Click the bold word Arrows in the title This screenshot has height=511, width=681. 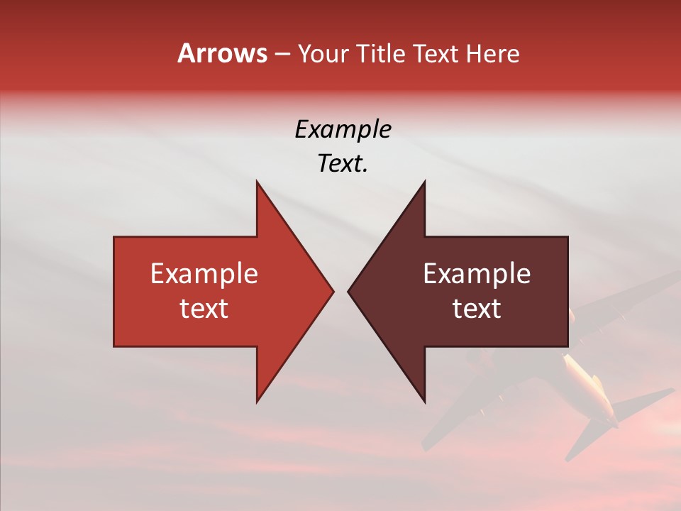222,53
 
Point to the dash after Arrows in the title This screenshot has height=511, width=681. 282,54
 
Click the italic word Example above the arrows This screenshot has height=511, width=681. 343,129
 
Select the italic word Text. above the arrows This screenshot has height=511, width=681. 343,163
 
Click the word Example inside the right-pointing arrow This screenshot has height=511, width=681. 204,273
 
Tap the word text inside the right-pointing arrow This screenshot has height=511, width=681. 204,308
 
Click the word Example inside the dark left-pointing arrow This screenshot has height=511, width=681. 477,273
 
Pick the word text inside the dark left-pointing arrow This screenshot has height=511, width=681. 477,308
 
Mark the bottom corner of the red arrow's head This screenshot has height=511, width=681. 257,401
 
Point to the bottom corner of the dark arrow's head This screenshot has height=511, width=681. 424,401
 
